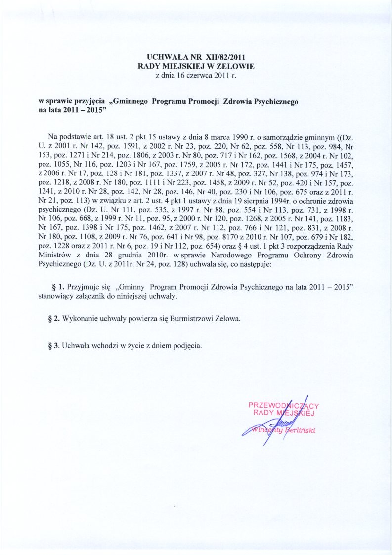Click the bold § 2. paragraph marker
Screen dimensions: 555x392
(x=53, y=319)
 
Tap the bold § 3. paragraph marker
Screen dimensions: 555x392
(x=53, y=345)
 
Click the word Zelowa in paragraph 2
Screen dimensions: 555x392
(x=230, y=319)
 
